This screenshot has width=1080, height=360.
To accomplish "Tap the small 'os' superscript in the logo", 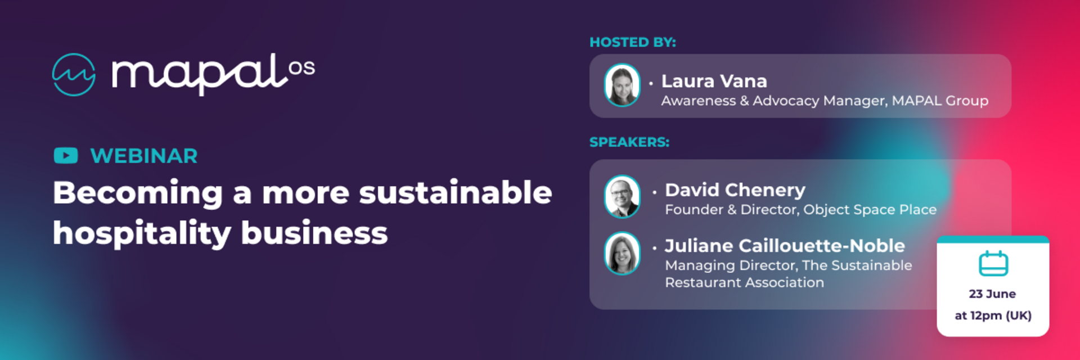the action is click(301, 68).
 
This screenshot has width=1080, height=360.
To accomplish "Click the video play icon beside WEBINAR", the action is click(66, 155).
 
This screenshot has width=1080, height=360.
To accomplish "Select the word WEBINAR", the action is click(144, 156).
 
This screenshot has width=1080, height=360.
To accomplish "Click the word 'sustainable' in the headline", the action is click(456, 192).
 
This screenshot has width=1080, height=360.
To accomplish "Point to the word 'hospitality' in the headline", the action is click(142, 233).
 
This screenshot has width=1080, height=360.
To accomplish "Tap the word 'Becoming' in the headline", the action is click(138, 193).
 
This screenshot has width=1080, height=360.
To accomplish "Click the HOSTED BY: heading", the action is click(633, 42).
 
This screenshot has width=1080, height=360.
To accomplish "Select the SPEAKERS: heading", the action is click(629, 142).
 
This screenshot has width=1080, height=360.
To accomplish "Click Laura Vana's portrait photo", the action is click(622, 85).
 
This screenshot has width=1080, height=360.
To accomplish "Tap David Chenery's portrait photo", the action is click(622, 197).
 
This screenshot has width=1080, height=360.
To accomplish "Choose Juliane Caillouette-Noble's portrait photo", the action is click(622, 253).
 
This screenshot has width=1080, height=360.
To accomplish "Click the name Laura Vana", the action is click(714, 81).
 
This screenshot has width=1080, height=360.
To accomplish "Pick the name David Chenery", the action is click(735, 190).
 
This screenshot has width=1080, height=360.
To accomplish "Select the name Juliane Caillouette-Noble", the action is click(785, 246).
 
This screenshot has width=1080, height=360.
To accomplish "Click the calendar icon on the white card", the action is click(993, 263).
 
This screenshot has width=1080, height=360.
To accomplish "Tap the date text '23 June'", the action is click(992, 294).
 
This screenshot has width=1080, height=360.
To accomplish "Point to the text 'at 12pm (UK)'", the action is click(993, 316).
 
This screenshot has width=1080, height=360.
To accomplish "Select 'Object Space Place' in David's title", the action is click(870, 210).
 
